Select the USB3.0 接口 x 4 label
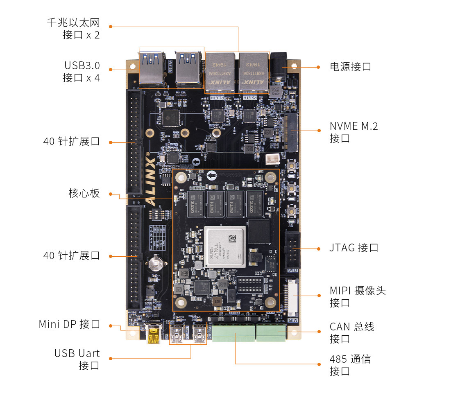pyautogui.click(x=81, y=71)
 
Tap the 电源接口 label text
pyautogui.click(x=350, y=67)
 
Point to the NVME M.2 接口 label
pyautogui.click(x=354, y=132)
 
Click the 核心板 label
pyautogui.click(x=84, y=193)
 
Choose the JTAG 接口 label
pyautogui.click(x=354, y=248)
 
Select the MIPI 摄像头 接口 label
pyautogui.click(x=358, y=297)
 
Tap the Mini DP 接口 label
pyautogui.click(x=70, y=324)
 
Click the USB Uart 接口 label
pyautogui.click(x=77, y=359)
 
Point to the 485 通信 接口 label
pyautogui.click(x=350, y=365)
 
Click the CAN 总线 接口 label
pyautogui.click(x=352, y=332)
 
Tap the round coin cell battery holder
pyautogui.click(x=156, y=262)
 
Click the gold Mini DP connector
pyautogui.click(x=154, y=334)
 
